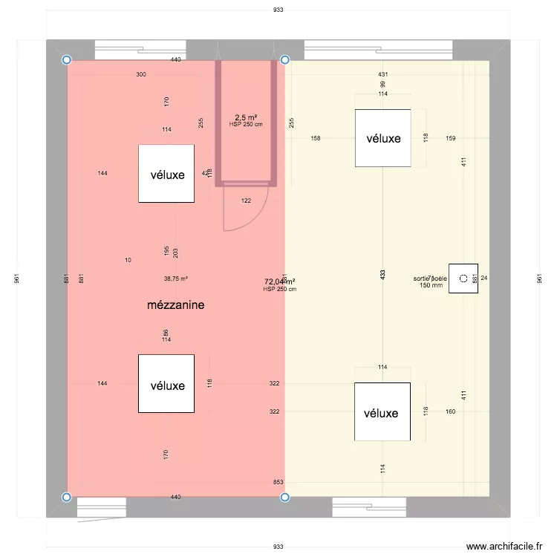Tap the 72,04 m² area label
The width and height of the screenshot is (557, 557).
point(280,281)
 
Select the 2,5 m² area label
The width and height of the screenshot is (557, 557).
point(246,117)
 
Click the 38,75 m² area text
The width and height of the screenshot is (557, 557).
point(176,279)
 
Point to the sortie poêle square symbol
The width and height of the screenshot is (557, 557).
point(463,278)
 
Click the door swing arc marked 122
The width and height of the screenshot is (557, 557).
point(245,212)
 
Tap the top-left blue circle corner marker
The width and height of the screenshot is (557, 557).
point(67,60)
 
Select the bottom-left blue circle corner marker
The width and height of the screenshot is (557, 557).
point(67,497)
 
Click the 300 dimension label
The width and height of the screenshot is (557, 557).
point(141,75)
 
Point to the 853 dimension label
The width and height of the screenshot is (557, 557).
point(278,483)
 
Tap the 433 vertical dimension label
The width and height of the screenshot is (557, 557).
point(382,274)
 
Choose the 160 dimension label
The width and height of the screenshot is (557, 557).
point(451,411)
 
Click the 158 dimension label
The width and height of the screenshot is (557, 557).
point(316,138)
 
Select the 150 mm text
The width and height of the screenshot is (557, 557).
point(431,285)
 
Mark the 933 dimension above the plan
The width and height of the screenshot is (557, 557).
point(278,10)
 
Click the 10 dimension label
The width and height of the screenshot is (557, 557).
point(128,260)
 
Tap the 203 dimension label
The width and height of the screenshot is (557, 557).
point(175,253)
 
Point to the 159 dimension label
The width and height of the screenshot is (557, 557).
point(451,138)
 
